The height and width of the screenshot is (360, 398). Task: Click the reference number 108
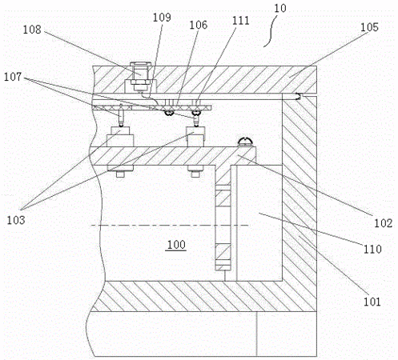(32, 30)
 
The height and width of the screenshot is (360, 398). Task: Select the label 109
(162, 18)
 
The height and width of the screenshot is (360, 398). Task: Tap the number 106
(199, 25)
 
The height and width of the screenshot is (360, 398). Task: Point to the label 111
(241, 21)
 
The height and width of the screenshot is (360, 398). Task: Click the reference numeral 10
(280, 8)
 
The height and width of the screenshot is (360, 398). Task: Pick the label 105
(369, 27)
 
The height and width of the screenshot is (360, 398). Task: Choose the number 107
(13, 77)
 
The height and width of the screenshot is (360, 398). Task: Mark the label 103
(16, 220)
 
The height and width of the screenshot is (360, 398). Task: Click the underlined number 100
(176, 245)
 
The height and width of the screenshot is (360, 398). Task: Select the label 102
(384, 223)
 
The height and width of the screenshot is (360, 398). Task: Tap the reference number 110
(372, 249)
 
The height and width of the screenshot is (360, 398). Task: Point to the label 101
(372, 302)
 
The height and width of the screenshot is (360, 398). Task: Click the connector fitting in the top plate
(141, 76)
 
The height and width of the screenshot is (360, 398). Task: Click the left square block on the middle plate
(120, 137)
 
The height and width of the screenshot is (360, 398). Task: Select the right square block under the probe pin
(196, 137)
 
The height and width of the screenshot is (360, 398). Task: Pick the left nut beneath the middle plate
(120, 171)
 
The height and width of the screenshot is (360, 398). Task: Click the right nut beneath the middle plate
(196, 171)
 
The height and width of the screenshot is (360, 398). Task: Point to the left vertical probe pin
(121, 115)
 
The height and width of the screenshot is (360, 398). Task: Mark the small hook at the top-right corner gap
(299, 96)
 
